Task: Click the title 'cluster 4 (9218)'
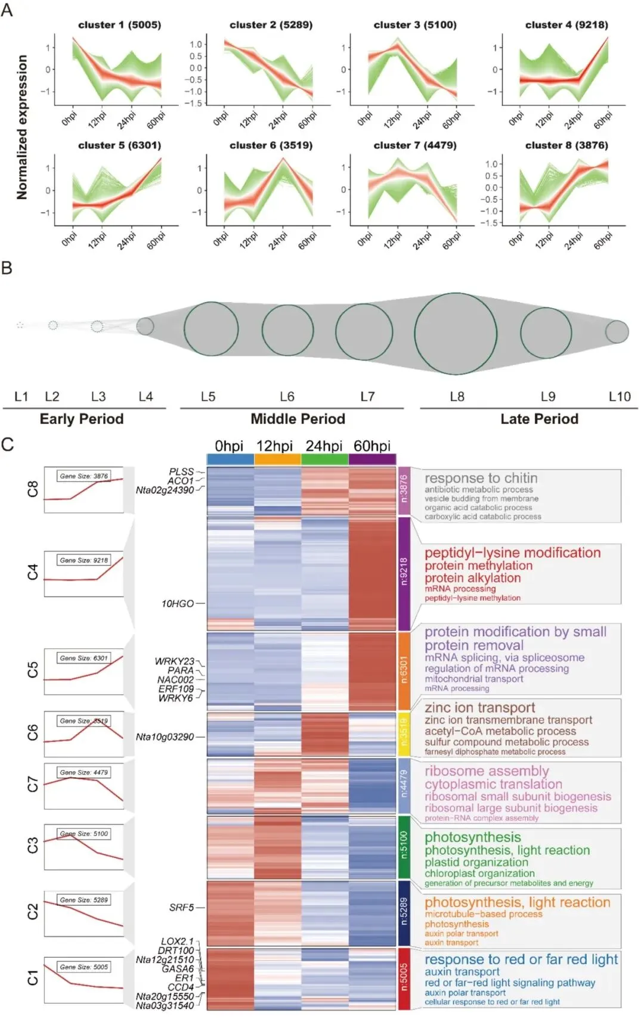pyautogui.click(x=566, y=25)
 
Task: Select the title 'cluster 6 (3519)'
pyautogui.click(x=271, y=145)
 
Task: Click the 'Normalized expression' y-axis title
pyautogui.click(x=22, y=127)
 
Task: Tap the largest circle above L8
pyautogui.click(x=456, y=334)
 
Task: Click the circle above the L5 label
pyautogui.click(x=211, y=329)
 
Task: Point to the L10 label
pyautogui.click(x=620, y=397)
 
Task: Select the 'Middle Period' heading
pyautogui.click(x=298, y=419)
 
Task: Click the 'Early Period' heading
pyautogui.click(x=82, y=419)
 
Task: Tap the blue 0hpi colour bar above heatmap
pyautogui.click(x=230, y=459)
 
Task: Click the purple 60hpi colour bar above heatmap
pyautogui.click(x=372, y=459)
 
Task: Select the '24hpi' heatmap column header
pyautogui.click(x=324, y=446)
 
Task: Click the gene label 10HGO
pyautogui.click(x=177, y=604)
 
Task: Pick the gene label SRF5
pyautogui.click(x=181, y=908)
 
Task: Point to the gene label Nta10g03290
pyautogui.click(x=165, y=737)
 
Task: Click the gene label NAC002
pyautogui.click(x=175, y=680)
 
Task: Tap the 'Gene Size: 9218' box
pyautogui.click(x=83, y=560)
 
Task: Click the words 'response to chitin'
pyautogui.click(x=481, y=478)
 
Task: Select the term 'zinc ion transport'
pyautogui.click(x=479, y=708)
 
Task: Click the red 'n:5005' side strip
pyautogui.click(x=404, y=978)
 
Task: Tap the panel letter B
pyautogui.click(x=7, y=268)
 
